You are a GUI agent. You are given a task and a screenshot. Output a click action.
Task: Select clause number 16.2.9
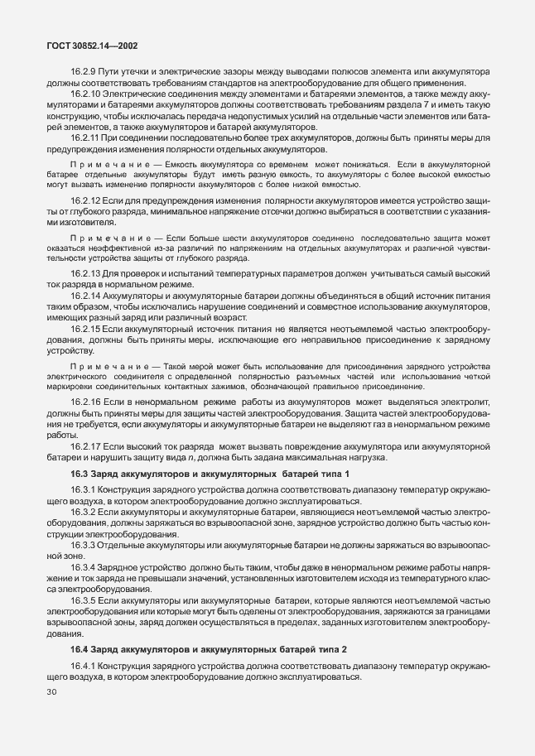coord(84,71)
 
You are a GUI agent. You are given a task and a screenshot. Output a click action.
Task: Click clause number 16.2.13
coord(86,296)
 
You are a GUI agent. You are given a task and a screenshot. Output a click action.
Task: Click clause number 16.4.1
coord(84,667)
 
